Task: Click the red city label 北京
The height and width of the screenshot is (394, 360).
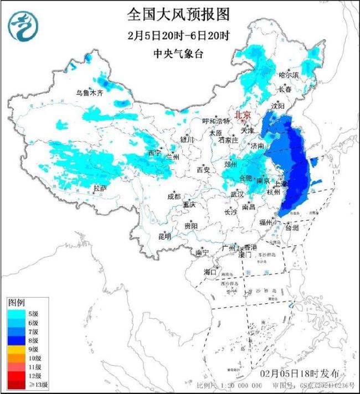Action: click(x=243, y=115)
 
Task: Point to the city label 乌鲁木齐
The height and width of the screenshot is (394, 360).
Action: click(x=90, y=93)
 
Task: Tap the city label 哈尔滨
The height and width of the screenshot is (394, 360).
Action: click(x=289, y=75)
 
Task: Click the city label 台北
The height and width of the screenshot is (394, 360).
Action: click(x=291, y=227)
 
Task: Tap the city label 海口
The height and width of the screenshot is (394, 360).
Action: click(x=209, y=272)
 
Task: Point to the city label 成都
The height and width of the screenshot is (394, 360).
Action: click(x=173, y=196)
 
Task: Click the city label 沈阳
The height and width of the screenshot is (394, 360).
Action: click(x=277, y=105)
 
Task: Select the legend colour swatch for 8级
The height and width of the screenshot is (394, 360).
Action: click(x=17, y=341)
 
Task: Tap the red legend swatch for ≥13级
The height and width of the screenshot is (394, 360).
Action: click(x=17, y=384)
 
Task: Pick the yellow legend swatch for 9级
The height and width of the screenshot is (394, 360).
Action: click(x=17, y=350)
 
